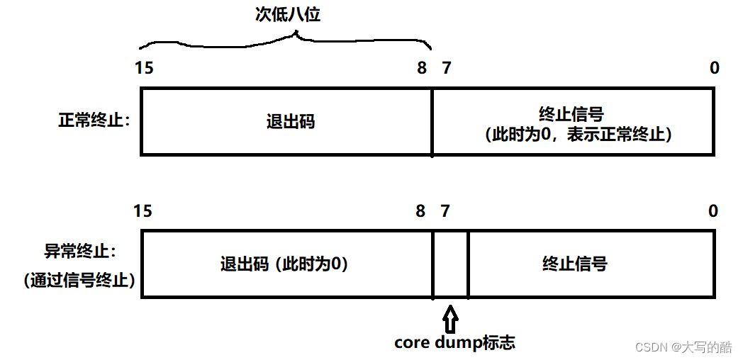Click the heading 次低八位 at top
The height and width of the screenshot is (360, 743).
pos(288,15)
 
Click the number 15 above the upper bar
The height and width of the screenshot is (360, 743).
pos(143,68)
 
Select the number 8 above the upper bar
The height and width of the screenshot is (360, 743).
pos(422,68)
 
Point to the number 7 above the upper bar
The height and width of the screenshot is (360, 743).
pos(445,68)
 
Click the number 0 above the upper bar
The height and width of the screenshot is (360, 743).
pos(714,68)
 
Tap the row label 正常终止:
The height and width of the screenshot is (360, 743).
pos(94,120)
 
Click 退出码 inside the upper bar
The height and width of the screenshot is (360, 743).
pos(290,121)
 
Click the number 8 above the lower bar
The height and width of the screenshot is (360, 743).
pos(420,210)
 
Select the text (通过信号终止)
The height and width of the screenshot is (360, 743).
pos(79,280)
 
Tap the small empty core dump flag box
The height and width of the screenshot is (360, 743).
pos(450,264)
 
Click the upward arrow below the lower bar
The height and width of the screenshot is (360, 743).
pos(450,314)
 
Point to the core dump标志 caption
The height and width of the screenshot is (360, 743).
pos(454,343)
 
